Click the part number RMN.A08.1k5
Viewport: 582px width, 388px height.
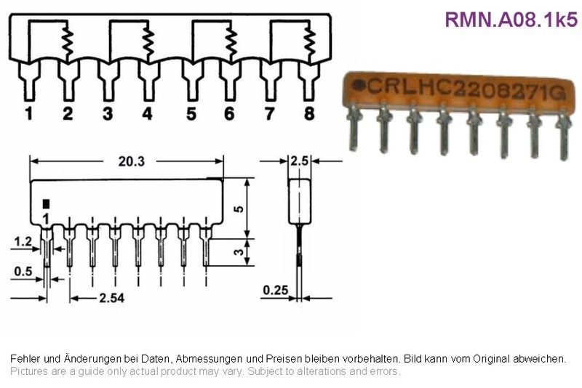pyautogui.click(x=511, y=20)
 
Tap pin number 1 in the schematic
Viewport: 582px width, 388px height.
pyautogui.click(x=29, y=113)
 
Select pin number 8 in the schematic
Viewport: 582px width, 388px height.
pyautogui.click(x=309, y=113)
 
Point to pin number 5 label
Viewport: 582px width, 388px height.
pyautogui.click(x=191, y=114)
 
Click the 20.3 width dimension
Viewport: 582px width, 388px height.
pyautogui.click(x=132, y=161)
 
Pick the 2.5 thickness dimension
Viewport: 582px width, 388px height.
pyautogui.click(x=300, y=161)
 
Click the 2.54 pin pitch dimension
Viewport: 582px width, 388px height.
pyautogui.click(x=112, y=298)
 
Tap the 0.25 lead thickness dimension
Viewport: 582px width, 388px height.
pyautogui.click(x=276, y=290)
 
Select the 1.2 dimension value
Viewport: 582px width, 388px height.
pyautogui.click(x=23, y=242)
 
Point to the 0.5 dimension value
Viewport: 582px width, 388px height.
pyautogui.click(x=23, y=272)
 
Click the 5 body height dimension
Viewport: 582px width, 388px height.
pyautogui.click(x=239, y=209)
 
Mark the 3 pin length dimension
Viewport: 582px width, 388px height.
pyautogui.click(x=239, y=252)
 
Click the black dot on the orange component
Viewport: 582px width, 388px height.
pyautogui.click(x=359, y=85)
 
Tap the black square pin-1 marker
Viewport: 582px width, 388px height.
pyautogui.click(x=46, y=204)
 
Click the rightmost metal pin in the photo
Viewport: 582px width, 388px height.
pyautogui.click(x=563, y=135)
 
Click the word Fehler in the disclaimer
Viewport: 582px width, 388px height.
pyautogui.click(x=25, y=359)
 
